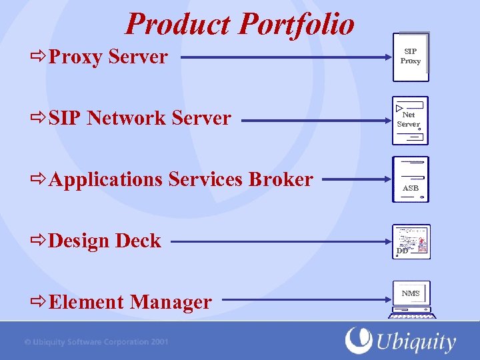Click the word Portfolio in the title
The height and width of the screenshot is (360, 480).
click(297, 24)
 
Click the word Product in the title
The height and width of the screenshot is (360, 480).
click(179, 24)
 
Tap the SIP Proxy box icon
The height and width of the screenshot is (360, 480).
click(411, 57)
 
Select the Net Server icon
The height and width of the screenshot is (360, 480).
click(410, 121)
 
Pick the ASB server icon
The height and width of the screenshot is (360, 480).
click(411, 180)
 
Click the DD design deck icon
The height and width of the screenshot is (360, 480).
click(411, 241)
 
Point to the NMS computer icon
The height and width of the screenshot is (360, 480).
click(411, 299)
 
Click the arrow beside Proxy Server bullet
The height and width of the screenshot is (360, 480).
click(39, 57)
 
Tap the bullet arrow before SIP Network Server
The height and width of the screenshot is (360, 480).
click(39, 118)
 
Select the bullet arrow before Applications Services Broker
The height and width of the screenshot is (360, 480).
click(39, 179)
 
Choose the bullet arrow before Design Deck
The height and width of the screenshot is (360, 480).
click(39, 241)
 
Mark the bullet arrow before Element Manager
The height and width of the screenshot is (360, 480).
click(39, 302)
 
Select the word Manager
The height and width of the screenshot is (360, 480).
click(171, 302)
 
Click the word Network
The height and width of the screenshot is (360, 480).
click(126, 118)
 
